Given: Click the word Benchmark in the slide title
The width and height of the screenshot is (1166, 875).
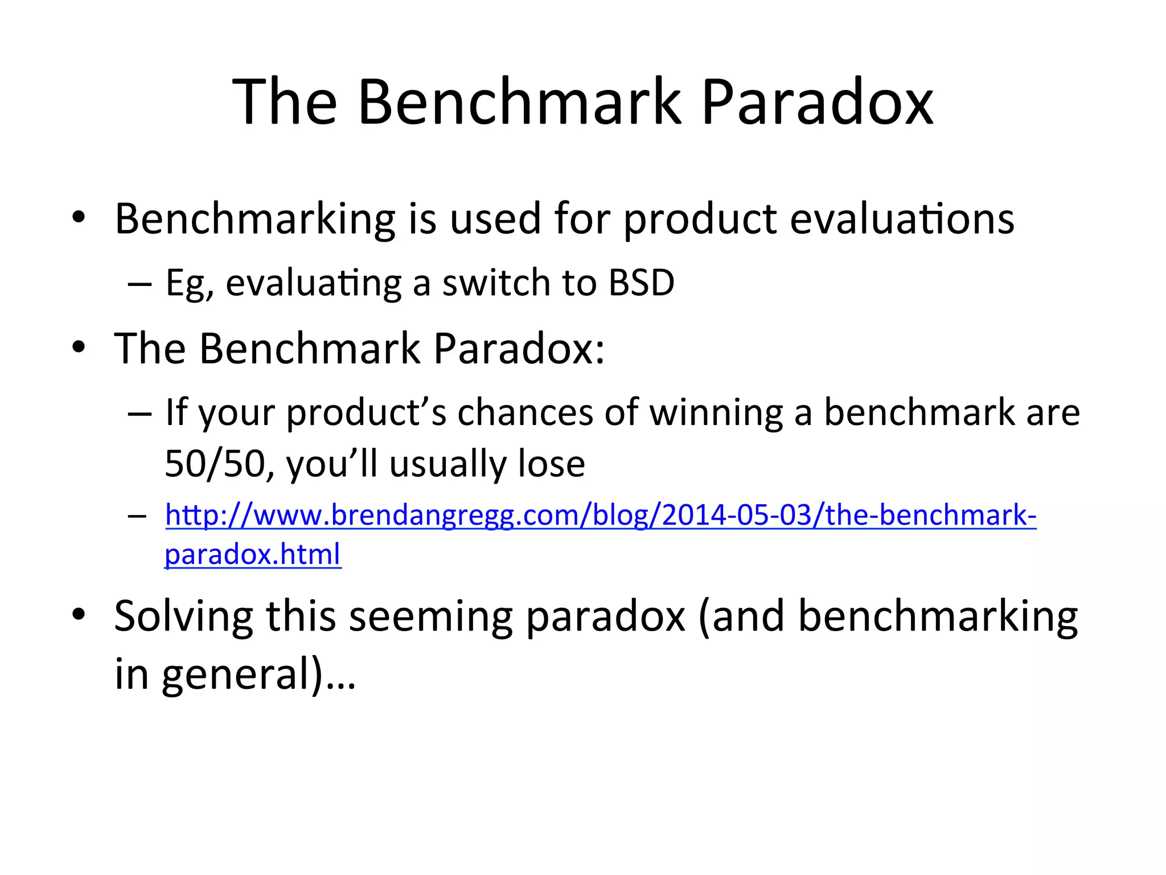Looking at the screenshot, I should [x=519, y=103].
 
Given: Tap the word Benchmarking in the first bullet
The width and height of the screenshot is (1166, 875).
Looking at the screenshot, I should [x=254, y=219].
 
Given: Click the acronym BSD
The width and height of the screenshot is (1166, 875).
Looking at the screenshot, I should [x=641, y=283].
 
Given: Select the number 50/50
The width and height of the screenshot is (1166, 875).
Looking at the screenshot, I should [x=214, y=464].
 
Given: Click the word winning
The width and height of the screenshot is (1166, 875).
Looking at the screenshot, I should [x=716, y=412].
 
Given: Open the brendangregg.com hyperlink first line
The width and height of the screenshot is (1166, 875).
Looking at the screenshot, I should [x=601, y=516].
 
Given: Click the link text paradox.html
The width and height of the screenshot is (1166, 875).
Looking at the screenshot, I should [x=253, y=554].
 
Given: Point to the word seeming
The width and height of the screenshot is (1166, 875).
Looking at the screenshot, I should [x=430, y=617].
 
